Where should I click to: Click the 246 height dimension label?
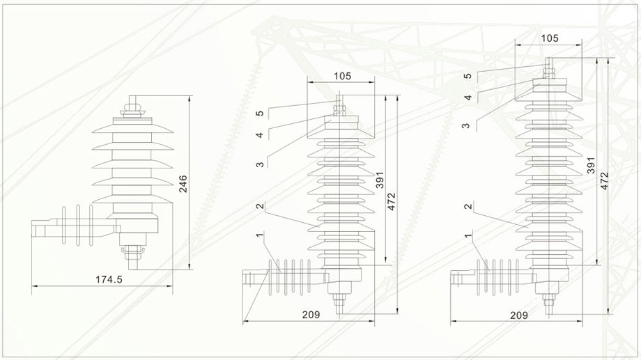coord(183,183)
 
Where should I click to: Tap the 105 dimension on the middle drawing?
coord(342,76)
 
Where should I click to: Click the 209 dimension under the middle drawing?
coord(311,315)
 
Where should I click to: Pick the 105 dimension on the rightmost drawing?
coord(550,38)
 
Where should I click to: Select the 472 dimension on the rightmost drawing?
coord(604,181)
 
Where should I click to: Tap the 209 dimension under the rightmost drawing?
coord(518,315)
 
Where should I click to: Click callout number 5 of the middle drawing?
coord(258,114)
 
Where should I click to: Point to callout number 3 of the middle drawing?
coord(258,164)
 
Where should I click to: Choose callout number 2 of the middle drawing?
coord(258,206)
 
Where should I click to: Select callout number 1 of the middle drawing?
coord(258,237)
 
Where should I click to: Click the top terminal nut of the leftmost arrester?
coord(130,109)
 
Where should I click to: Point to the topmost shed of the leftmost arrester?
coord(130,127)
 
